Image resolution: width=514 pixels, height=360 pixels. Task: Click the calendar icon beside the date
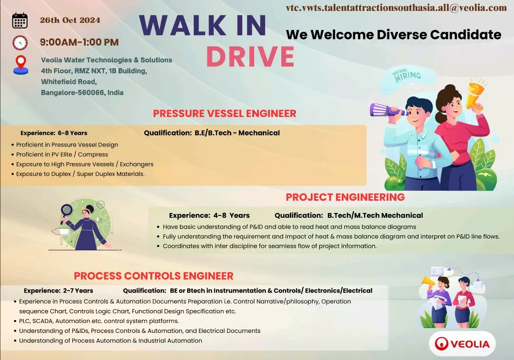(x=20, y=21)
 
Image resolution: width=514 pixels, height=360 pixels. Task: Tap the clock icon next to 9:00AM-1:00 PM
(x=20, y=42)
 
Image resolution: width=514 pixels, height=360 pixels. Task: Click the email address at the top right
(x=396, y=8)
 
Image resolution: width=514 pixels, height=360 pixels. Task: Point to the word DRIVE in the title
(x=250, y=57)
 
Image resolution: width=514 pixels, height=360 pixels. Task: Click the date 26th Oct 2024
(x=70, y=20)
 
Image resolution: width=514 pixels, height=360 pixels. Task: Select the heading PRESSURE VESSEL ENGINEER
(x=225, y=114)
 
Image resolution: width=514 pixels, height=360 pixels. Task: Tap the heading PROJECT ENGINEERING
(x=345, y=197)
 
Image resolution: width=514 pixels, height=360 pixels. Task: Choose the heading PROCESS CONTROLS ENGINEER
(x=154, y=276)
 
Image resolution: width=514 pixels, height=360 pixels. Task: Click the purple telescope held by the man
(x=388, y=111)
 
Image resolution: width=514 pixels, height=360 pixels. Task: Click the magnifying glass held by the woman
(x=67, y=210)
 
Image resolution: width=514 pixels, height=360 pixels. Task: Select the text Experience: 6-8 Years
(x=54, y=133)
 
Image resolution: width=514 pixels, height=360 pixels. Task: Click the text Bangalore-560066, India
(x=82, y=93)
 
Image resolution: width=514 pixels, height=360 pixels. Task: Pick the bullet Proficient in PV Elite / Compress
(x=62, y=155)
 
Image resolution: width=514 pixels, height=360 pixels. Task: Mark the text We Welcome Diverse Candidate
(x=394, y=35)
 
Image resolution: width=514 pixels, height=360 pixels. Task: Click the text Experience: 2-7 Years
(x=59, y=291)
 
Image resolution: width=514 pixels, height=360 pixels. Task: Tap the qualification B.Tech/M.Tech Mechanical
(x=375, y=215)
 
